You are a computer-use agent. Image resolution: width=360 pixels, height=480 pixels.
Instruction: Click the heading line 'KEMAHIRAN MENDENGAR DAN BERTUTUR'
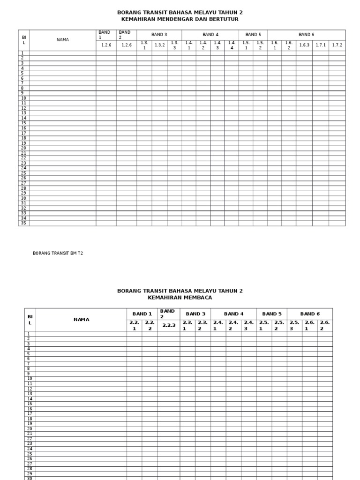[x=180, y=19]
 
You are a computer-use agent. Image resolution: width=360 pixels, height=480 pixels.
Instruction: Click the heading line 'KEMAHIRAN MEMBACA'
[x=180, y=298]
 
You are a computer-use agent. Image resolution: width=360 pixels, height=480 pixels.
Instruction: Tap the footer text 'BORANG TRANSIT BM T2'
[x=58, y=253]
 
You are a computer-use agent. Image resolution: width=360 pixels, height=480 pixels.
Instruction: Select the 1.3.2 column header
[x=160, y=45]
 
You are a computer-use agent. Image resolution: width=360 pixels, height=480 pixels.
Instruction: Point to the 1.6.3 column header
[x=304, y=45]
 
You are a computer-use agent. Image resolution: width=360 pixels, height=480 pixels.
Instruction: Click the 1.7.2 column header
[x=337, y=45]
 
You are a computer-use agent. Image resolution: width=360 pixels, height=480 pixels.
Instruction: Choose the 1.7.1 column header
[x=321, y=45]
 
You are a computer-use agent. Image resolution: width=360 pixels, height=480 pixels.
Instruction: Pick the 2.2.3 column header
[x=169, y=325]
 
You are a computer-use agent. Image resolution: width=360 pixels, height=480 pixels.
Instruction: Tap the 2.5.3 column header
[x=294, y=325]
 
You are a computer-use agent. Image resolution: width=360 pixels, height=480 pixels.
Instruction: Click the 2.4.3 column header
[x=248, y=325]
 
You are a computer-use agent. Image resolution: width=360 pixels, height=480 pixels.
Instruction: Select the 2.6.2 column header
[x=325, y=325]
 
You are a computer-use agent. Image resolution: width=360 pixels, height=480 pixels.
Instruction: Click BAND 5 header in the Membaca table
[x=272, y=314]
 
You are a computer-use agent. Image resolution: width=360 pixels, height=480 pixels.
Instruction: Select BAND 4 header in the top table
[x=210, y=35]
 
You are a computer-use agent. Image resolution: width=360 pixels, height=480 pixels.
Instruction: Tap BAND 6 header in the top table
[x=307, y=35]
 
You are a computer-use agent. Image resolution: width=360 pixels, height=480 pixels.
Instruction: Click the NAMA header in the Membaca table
[x=81, y=320]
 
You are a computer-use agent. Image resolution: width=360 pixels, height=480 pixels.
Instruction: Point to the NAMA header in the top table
[x=62, y=40]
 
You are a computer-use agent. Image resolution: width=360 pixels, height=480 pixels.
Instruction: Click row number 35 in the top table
[x=23, y=223]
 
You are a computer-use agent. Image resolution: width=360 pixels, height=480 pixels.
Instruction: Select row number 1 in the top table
[x=22, y=53]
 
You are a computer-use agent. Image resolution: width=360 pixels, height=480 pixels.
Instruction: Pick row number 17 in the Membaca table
[x=30, y=414]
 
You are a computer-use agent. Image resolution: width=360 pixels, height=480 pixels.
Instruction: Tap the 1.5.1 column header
[x=246, y=45]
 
